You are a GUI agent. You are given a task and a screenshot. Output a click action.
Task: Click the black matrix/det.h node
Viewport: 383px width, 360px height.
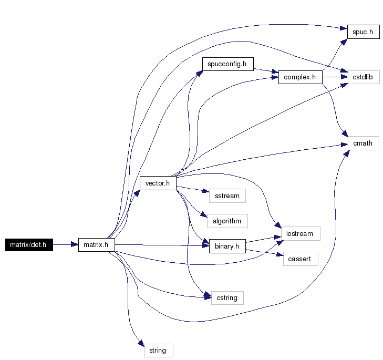click(x=29, y=245)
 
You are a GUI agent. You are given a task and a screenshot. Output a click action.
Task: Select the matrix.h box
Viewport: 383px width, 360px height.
click(x=97, y=245)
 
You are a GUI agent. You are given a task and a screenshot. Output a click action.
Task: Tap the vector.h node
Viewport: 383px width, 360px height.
click(x=158, y=183)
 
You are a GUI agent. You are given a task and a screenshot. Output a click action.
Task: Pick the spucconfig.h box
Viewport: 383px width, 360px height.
click(x=228, y=64)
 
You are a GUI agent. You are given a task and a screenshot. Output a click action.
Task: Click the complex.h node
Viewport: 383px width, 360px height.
click(x=301, y=77)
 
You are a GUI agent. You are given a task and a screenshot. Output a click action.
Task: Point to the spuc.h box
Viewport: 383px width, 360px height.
click(x=364, y=32)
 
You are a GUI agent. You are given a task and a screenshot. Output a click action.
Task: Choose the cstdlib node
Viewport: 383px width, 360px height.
click(x=364, y=77)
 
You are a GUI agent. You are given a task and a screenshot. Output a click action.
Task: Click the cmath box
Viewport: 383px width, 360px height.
click(x=364, y=143)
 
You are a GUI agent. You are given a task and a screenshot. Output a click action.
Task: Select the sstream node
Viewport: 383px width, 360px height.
click(x=227, y=196)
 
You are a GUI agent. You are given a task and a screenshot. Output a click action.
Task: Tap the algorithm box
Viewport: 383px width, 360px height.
click(x=227, y=221)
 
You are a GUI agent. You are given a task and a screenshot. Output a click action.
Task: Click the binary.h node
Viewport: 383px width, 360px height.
click(x=227, y=246)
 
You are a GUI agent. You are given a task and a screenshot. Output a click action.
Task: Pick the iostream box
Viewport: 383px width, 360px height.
click(x=301, y=234)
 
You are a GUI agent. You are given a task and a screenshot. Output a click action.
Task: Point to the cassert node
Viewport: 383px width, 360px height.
click(x=301, y=259)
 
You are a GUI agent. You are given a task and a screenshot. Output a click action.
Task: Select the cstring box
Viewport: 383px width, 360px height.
click(x=227, y=298)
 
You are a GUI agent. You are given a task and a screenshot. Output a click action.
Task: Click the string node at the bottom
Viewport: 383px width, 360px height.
click(x=159, y=351)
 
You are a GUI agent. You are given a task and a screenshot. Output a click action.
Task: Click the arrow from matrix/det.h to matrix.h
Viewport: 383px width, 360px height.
click(x=66, y=244)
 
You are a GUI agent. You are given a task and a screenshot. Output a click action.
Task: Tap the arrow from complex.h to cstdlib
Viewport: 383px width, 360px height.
click(x=335, y=77)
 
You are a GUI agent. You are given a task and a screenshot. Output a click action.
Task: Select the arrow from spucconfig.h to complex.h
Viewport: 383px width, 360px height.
click(x=266, y=70)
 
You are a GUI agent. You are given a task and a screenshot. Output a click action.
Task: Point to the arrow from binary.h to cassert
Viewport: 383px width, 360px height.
click(x=265, y=253)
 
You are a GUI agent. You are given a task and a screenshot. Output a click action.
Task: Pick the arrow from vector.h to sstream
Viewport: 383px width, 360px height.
click(x=193, y=189)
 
